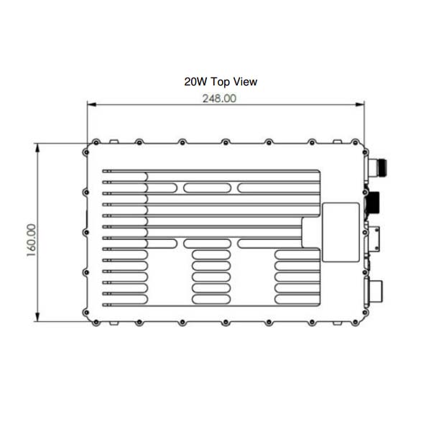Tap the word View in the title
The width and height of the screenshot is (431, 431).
pos(244,82)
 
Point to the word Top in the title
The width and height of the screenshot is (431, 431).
pos(219,82)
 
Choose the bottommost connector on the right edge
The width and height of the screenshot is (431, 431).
pos(375,290)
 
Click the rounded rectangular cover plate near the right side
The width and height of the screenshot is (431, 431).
pos(340,231)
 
